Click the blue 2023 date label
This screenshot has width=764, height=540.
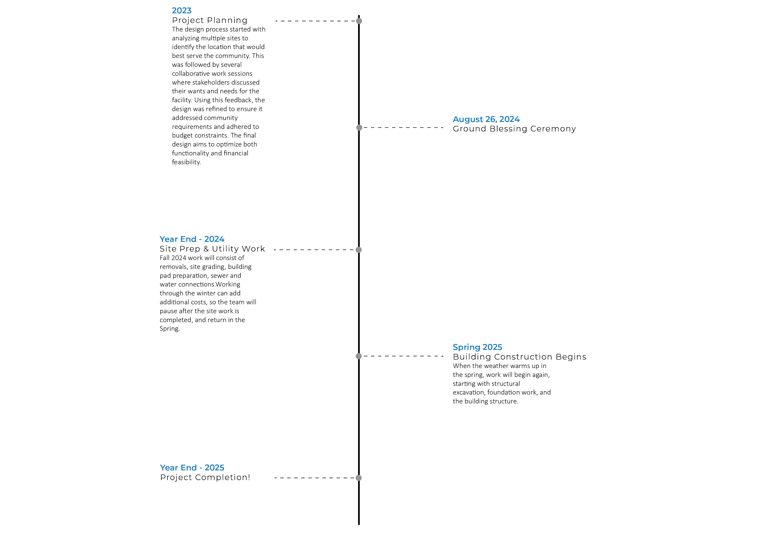(x=182, y=11)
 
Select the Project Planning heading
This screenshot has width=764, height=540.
(x=210, y=20)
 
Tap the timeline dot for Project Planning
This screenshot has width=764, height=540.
(x=359, y=21)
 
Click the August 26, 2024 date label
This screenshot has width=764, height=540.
(x=486, y=119)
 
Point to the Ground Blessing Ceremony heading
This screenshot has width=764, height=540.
(x=514, y=129)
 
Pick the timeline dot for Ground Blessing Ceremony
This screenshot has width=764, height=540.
(x=359, y=127)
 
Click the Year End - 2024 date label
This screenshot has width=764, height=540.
(x=192, y=239)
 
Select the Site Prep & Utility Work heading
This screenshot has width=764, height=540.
(x=212, y=248)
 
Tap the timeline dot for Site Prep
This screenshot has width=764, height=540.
(x=359, y=250)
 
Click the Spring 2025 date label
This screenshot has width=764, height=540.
(x=477, y=347)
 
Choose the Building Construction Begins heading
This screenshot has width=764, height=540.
(x=519, y=357)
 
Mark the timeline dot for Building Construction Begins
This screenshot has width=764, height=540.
(x=359, y=356)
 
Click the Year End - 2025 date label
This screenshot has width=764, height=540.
(x=192, y=468)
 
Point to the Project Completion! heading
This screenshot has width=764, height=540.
(x=205, y=477)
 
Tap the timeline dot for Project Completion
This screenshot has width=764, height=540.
(x=359, y=478)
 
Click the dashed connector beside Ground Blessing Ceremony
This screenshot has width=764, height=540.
(x=403, y=127)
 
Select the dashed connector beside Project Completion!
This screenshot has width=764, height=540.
(x=314, y=477)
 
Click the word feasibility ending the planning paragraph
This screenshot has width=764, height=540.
(x=186, y=162)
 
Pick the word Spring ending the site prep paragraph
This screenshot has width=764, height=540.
(x=169, y=329)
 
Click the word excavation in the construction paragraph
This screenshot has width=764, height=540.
(x=468, y=392)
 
